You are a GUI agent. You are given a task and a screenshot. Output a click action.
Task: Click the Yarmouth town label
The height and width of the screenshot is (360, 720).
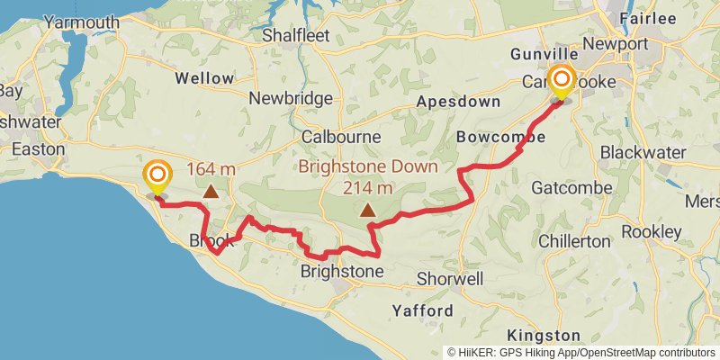[x=81, y=22]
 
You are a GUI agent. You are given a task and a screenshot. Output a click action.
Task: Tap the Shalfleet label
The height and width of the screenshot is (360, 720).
[x=296, y=36]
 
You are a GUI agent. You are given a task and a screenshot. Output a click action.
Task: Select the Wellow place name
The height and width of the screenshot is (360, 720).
[x=204, y=78]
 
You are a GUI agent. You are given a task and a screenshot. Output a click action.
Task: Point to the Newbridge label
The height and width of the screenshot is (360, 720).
[x=291, y=98]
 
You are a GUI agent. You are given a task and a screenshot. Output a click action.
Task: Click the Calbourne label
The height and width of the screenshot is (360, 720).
[x=341, y=138]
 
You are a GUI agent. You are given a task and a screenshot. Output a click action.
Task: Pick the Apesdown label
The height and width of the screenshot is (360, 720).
[x=458, y=102]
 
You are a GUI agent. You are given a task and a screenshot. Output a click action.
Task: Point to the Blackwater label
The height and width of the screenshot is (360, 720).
[x=643, y=151]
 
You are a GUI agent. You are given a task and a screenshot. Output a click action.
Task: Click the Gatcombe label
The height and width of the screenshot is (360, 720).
[x=571, y=188]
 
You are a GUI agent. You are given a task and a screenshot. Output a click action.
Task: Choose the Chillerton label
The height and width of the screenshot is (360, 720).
[x=574, y=241]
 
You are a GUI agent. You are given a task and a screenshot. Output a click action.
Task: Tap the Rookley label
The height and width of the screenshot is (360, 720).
[x=651, y=232]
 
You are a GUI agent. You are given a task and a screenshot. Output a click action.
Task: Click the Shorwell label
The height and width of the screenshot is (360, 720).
[x=449, y=279]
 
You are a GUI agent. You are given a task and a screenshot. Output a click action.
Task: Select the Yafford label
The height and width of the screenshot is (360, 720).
[x=422, y=310]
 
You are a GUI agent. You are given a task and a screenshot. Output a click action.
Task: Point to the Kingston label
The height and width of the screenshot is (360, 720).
[x=537, y=335]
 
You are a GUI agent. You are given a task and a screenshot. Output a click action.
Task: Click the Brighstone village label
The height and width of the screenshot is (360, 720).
[x=341, y=271]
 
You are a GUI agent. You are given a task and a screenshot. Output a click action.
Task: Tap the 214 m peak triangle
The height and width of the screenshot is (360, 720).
[x=367, y=211]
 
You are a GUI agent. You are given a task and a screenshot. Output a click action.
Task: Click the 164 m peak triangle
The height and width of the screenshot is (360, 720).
[x=210, y=190]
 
